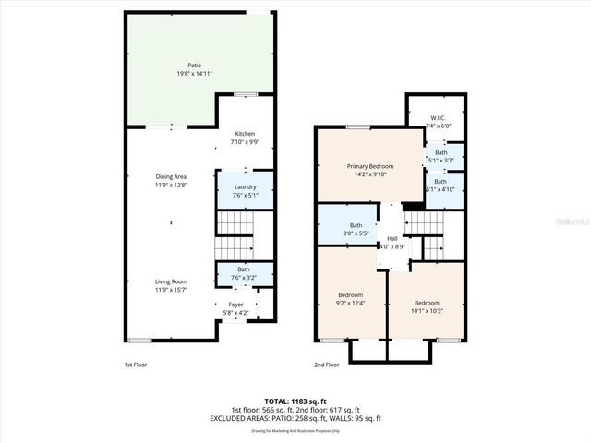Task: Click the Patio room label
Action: pos(194,66)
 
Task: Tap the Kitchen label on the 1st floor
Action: pos(245,134)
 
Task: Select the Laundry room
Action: pos(245,186)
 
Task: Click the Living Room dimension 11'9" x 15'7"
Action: pos(171,290)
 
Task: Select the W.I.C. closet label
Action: pos(439,118)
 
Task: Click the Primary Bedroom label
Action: pos(369,167)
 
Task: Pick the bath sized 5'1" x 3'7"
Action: pos(441,156)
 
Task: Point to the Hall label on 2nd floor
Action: pos(392,239)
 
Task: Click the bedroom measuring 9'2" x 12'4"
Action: pos(351,299)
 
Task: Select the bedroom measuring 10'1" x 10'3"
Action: pos(427,306)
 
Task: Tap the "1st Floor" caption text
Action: pos(136,365)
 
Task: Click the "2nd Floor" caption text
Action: pos(327,365)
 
